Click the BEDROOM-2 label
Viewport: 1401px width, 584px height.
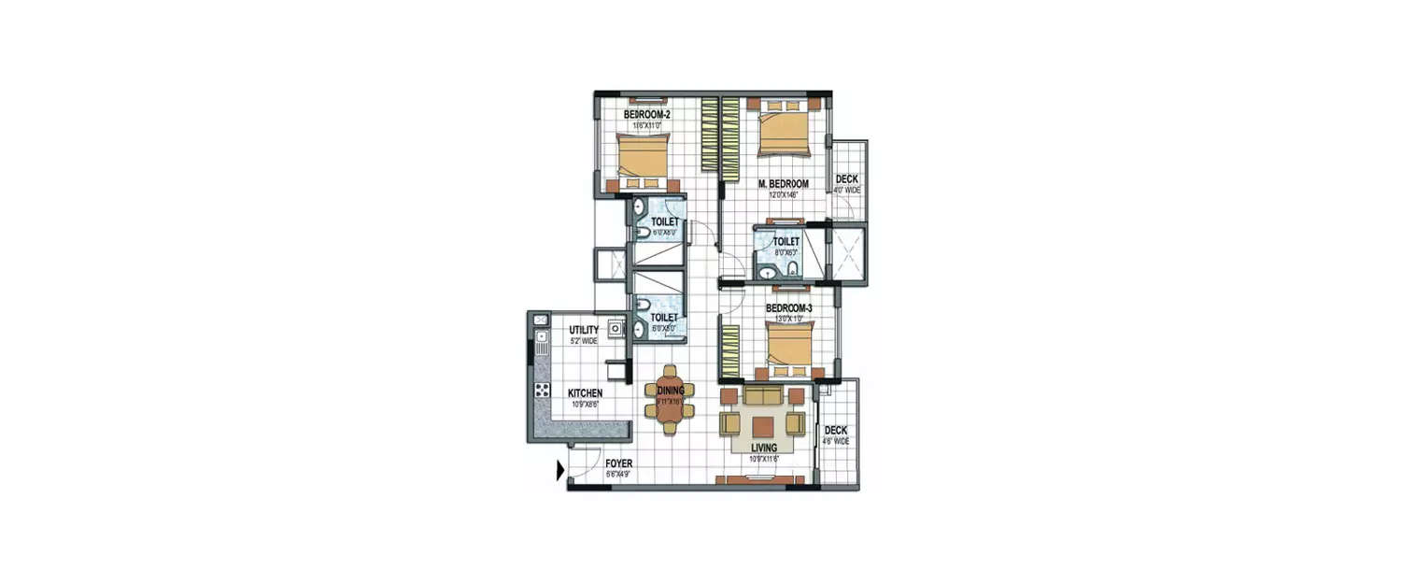646,115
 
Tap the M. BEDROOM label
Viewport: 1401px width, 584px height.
783,184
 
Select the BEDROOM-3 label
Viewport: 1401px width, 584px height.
789,308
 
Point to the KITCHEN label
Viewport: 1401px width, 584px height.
585,393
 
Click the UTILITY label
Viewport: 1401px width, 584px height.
584,330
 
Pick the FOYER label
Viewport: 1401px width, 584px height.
618,463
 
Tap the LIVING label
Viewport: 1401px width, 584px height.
763,449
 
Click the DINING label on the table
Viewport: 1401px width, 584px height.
671,391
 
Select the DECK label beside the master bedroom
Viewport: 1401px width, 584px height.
847,178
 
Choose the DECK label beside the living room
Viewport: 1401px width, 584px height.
835,431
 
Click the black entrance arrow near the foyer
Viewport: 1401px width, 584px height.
560,470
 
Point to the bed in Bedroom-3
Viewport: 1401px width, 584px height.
790,343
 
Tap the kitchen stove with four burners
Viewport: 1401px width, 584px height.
541,391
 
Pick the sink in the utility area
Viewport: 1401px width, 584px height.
616,330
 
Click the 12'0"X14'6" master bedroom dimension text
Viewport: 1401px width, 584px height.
783,195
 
